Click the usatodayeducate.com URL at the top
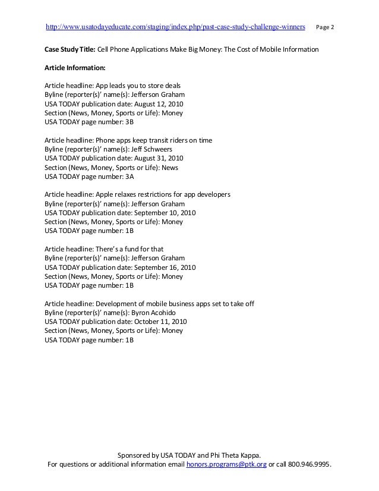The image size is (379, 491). tap(176, 27)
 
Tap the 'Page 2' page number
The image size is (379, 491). tap(325, 27)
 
